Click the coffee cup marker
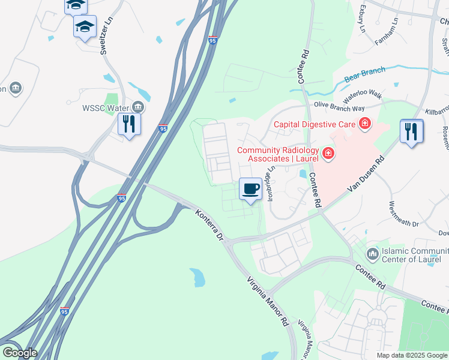[x=251, y=189]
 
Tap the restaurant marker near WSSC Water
[x=130, y=124]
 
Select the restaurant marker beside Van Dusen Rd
[x=411, y=131]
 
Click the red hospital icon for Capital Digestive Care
[x=364, y=125]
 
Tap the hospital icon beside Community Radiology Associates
[x=328, y=154]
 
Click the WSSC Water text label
[x=106, y=108]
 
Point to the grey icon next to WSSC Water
[x=138, y=107]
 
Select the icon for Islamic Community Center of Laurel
[x=373, y=254]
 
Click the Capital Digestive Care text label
[x=315, y=125]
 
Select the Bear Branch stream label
[x=364, y=75]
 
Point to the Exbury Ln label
[x=362, y=19]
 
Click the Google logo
[x=19, y=353]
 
